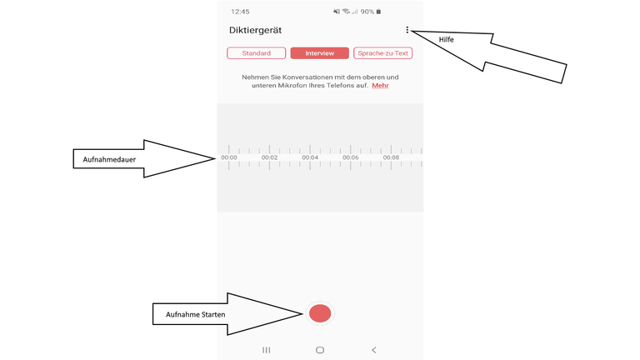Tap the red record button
(320, 313)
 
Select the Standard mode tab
(257, 53)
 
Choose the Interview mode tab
(320, 53)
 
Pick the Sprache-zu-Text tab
(382, 53)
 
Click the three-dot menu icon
(407, 30)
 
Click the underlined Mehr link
(380, 86)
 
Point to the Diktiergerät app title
(256, 30)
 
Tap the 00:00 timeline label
(229, 157)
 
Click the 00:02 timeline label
(269, 157)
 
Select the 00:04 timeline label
(310, 157)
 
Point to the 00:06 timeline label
(351, 157)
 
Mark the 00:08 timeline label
(391, 157)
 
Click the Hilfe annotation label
(447, 40)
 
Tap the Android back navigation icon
(374, 350)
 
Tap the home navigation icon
(320, 350)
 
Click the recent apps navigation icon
(267, 350)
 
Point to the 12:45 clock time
(241, 12)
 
